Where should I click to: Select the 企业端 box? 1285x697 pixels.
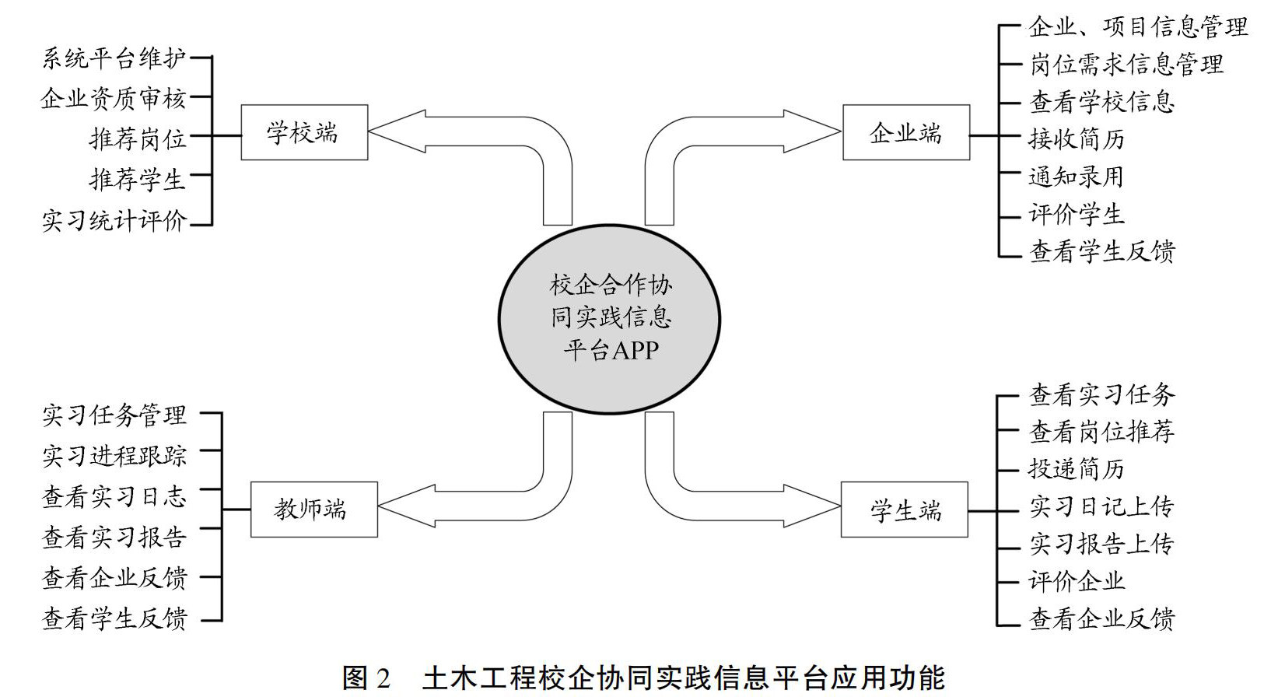point(905,132)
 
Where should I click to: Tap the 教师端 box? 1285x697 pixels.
point(313,510)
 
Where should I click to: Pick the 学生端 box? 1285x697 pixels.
point(904,510)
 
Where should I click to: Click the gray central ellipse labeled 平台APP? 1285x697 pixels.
point(610,319)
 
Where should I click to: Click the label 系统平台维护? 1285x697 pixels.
point(114,58)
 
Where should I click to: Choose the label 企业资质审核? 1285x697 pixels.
point(114,98)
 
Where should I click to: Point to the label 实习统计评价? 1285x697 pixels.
point(114,221)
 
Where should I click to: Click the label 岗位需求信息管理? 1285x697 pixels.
point(1126,65)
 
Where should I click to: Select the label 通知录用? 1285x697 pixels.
point(1077,177)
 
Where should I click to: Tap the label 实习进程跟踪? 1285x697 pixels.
point(114,455)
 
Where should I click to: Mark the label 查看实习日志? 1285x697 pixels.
point(114,496)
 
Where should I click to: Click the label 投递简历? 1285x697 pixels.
point(1077,469)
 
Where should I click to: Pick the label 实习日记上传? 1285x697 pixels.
point(1101,506)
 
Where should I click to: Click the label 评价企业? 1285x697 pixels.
point(1077,581)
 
